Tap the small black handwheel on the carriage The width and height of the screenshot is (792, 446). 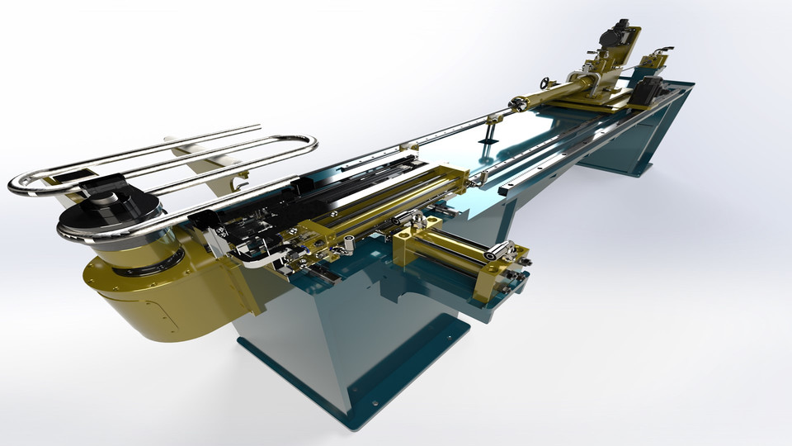[x=544, y=83]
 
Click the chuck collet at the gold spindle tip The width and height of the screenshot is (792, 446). [x=519, y=103]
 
